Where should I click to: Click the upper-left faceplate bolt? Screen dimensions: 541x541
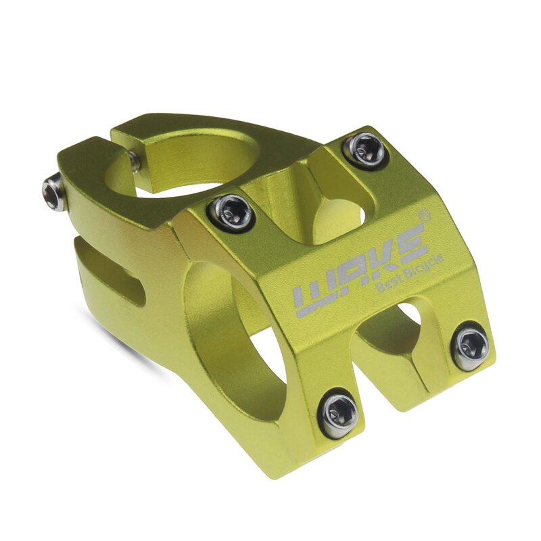click(231, 212)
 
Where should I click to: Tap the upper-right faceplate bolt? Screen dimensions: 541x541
click(366, 150)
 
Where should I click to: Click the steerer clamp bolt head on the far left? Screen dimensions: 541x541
click(54, 192)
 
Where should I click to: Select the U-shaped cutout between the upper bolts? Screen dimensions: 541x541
click(325, 203)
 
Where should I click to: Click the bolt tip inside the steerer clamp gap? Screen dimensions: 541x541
click(135, 161)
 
